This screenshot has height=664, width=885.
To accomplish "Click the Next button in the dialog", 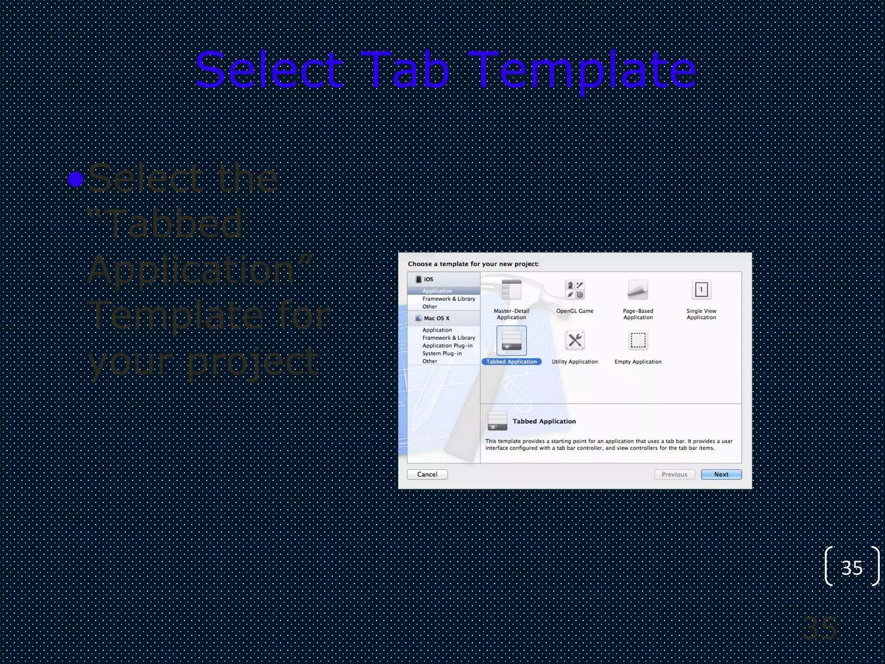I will (x=721, y=474).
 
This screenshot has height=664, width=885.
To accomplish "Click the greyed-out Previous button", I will (x=674, y=474).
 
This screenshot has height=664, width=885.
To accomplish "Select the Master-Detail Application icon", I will (x=511, y=290).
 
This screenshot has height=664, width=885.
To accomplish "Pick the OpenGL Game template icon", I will (x=575, y=290).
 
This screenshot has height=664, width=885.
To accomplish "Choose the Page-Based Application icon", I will (x=638, y=290).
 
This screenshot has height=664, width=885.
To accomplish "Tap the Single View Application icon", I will (x=701, y=290).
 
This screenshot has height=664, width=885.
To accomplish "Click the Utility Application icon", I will (x=575, y=341).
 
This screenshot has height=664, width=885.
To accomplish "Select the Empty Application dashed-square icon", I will (x=638, y=341).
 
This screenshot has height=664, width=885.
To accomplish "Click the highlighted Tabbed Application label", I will (x=511, y=362).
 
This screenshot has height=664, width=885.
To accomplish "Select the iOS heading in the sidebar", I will (x=428, y=279).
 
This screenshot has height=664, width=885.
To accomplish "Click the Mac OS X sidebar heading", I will (x=436, y=318).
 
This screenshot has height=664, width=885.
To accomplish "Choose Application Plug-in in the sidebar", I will (x=447, y=345).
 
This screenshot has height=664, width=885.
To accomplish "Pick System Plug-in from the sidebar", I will (x=442, y=353).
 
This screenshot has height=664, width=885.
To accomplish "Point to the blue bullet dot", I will (x=76, y=179).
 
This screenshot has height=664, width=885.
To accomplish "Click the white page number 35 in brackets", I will (x=852, y=568).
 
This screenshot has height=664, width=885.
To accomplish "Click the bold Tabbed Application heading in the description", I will (x=544, y=421).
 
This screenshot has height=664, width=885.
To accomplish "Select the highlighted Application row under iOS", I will (x=437, y=291).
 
